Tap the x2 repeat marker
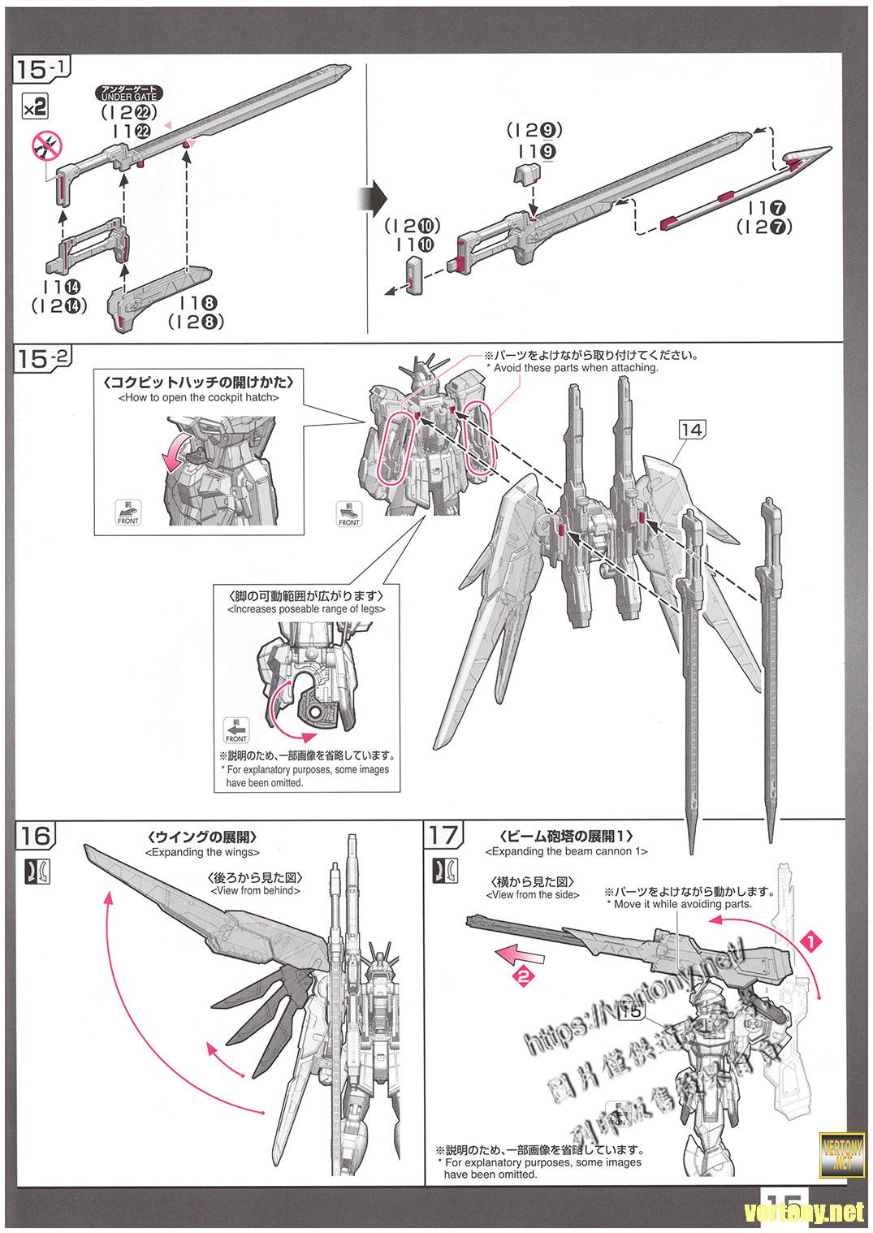click(x=35, y=106)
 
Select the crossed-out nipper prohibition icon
click(x=46, y=147)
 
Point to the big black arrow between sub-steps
click(x=373, y=197)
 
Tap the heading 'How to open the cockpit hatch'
click(x=198, y=398)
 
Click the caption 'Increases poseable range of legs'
click(x=306, y=608)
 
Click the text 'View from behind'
click(x=255, y=890)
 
